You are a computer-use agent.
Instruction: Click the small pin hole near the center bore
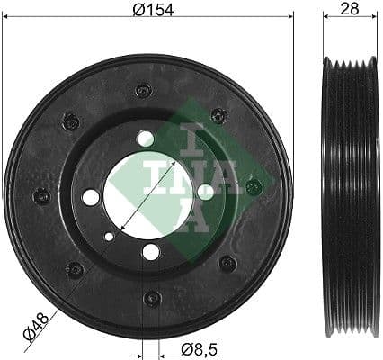[110, 237]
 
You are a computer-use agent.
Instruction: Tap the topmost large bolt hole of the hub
[146, 139]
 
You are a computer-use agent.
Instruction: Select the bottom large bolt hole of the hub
[151, 252]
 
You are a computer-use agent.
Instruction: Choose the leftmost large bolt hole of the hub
[91, 196]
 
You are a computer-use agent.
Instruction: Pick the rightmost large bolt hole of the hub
[205, 191]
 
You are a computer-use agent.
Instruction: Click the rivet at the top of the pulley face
[142, 90]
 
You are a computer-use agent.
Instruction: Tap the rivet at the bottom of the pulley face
[153, 297]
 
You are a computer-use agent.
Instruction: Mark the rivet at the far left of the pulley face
[41, 196]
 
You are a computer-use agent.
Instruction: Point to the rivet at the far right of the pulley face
[254, 187]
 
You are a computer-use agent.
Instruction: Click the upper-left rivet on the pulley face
[70, 121]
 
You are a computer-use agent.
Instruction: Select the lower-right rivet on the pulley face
[227, 264]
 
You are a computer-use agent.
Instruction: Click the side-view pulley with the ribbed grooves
[349, 194]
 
